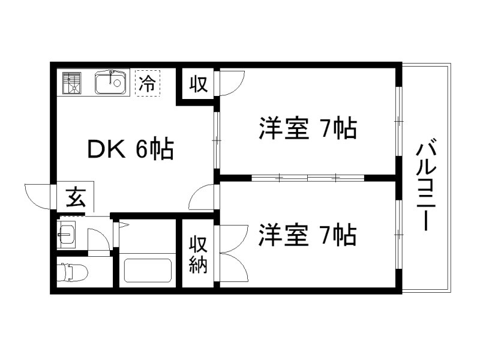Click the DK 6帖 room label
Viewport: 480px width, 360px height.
tap(130, 148)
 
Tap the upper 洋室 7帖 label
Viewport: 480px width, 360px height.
tap(308, 129)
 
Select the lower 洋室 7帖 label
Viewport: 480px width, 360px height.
tap(308, 235)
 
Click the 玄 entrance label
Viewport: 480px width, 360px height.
tap(76, 197)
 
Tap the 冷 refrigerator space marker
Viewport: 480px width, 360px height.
tap(147, 83)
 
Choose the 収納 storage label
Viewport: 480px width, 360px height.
tap(199, 254)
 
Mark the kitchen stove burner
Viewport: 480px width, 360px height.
tap(72, 83)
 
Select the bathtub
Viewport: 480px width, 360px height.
tap(148, 271)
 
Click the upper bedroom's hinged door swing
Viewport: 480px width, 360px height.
tap(231, 83)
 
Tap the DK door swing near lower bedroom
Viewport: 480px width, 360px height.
tap(203, 197)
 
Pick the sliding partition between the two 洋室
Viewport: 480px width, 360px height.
tap(308, 178)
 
